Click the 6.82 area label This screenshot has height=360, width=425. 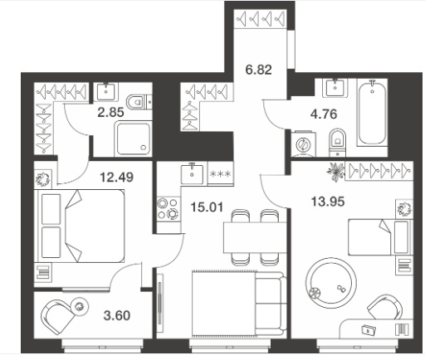coord(258,70)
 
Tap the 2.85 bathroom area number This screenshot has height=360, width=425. coord(110,113)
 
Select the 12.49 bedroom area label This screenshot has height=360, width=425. coord(116,177)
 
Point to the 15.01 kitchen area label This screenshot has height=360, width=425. coord(207,207)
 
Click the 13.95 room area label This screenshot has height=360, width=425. coord(328,202)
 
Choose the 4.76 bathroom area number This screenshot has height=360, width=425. coord(324,114)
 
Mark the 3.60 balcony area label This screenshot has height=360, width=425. coord(117,315)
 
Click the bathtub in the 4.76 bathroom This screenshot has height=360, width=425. coord(372,113)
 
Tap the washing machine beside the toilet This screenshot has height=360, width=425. coord(304,144)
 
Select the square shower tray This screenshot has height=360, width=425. coord(133,139)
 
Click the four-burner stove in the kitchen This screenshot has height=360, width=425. coord(169,209)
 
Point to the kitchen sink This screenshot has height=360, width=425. coord(192,173)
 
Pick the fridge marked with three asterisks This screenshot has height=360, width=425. coord(221,173)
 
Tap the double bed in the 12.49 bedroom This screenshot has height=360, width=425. coord(79,226)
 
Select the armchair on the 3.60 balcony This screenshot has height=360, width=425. coord(57,316)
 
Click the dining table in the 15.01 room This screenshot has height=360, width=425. coord(255,237)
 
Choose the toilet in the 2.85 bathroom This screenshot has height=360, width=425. coord(138,102)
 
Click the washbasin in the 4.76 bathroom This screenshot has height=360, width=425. coord(335,88)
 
